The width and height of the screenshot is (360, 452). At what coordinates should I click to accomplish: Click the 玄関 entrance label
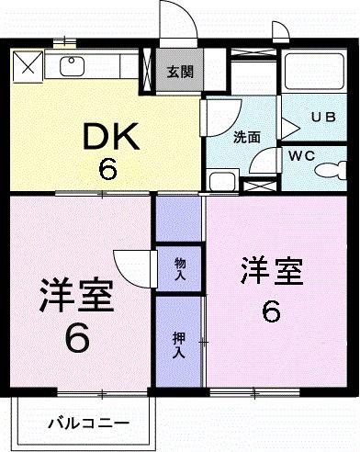coord(180,72)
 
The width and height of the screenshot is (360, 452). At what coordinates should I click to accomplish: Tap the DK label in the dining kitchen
coord(111,136)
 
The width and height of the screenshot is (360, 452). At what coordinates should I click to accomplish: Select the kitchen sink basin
coord(72,66)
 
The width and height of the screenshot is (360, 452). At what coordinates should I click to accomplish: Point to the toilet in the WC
coord(331,170)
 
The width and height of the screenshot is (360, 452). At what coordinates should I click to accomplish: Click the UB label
coord(323,117)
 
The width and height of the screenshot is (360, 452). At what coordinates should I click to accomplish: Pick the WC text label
coord(302,156)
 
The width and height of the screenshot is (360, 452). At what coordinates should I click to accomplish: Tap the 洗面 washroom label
coord(247,138)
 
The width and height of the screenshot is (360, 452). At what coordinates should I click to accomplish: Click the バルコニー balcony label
coord(89,424)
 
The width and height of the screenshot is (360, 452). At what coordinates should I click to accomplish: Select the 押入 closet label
coord(179,345)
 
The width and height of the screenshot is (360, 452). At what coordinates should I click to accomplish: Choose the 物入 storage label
coord(180,269)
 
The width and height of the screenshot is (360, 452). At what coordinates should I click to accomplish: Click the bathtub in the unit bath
coord(314,72)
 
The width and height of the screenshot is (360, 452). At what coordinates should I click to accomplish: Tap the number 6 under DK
coord(108,170)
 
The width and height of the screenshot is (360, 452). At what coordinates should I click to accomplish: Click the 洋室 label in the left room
coord(77,295)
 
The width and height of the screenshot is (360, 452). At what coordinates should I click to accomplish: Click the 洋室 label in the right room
coord(273,271)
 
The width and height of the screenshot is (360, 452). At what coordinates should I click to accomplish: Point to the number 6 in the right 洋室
coord(271,311)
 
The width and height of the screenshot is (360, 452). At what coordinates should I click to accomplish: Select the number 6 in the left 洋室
coord(77,338)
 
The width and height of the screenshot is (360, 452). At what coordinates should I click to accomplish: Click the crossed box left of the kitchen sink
coord(28,66)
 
